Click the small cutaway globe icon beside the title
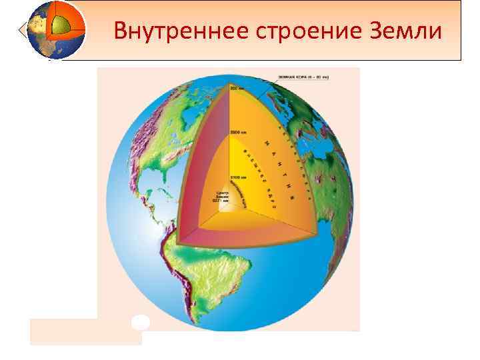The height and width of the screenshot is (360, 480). click(x=58, y=29)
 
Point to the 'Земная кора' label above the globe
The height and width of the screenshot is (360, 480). click(x=307, y=77)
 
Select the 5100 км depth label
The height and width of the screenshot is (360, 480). click(x=239, y=177)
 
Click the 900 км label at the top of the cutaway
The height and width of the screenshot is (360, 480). click(x=238, y=87)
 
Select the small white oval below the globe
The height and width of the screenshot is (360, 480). click(x=140, y=322)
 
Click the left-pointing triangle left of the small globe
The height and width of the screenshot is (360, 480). click(x=25, y=30)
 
